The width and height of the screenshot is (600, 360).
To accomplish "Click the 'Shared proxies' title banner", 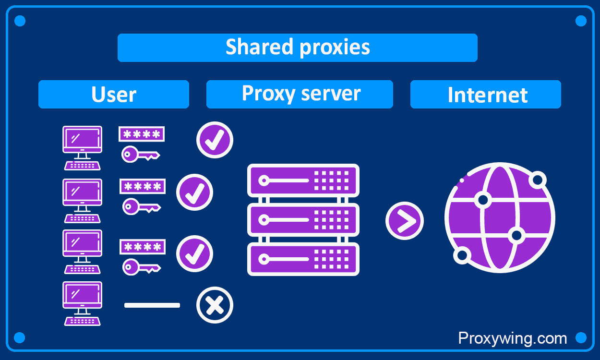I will click(x=298, y=48).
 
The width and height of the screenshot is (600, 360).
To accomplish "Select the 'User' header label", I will click(x=114, y=95).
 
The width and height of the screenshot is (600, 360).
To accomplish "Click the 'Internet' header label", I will click(x=486, y=95).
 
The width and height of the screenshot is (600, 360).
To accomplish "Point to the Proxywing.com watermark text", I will click(x=512, y=338).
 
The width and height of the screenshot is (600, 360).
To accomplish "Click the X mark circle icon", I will click(x=215, y=305).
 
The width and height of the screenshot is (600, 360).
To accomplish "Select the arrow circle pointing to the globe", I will click(x=404, y=221).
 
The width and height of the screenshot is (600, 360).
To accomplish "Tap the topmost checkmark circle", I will click(x=215, y=140).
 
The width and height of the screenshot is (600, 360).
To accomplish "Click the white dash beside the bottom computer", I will click(x=152, y=305).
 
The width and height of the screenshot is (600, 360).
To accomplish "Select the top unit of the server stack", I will click(x=303, y=180).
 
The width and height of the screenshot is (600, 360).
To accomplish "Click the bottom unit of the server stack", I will click(x=303, y=259).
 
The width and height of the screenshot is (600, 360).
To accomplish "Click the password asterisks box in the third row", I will click(x=142, y=247).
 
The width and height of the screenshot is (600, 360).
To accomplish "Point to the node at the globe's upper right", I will click(x=537, y=180).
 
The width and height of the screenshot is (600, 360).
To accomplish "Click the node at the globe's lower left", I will click(x=462, y=255).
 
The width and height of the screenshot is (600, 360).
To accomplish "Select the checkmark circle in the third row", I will click(x=194, y=253).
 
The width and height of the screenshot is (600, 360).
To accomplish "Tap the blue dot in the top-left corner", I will click(x=20, y=21).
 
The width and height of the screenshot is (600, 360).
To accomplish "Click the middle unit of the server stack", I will click(x=303, y=220).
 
